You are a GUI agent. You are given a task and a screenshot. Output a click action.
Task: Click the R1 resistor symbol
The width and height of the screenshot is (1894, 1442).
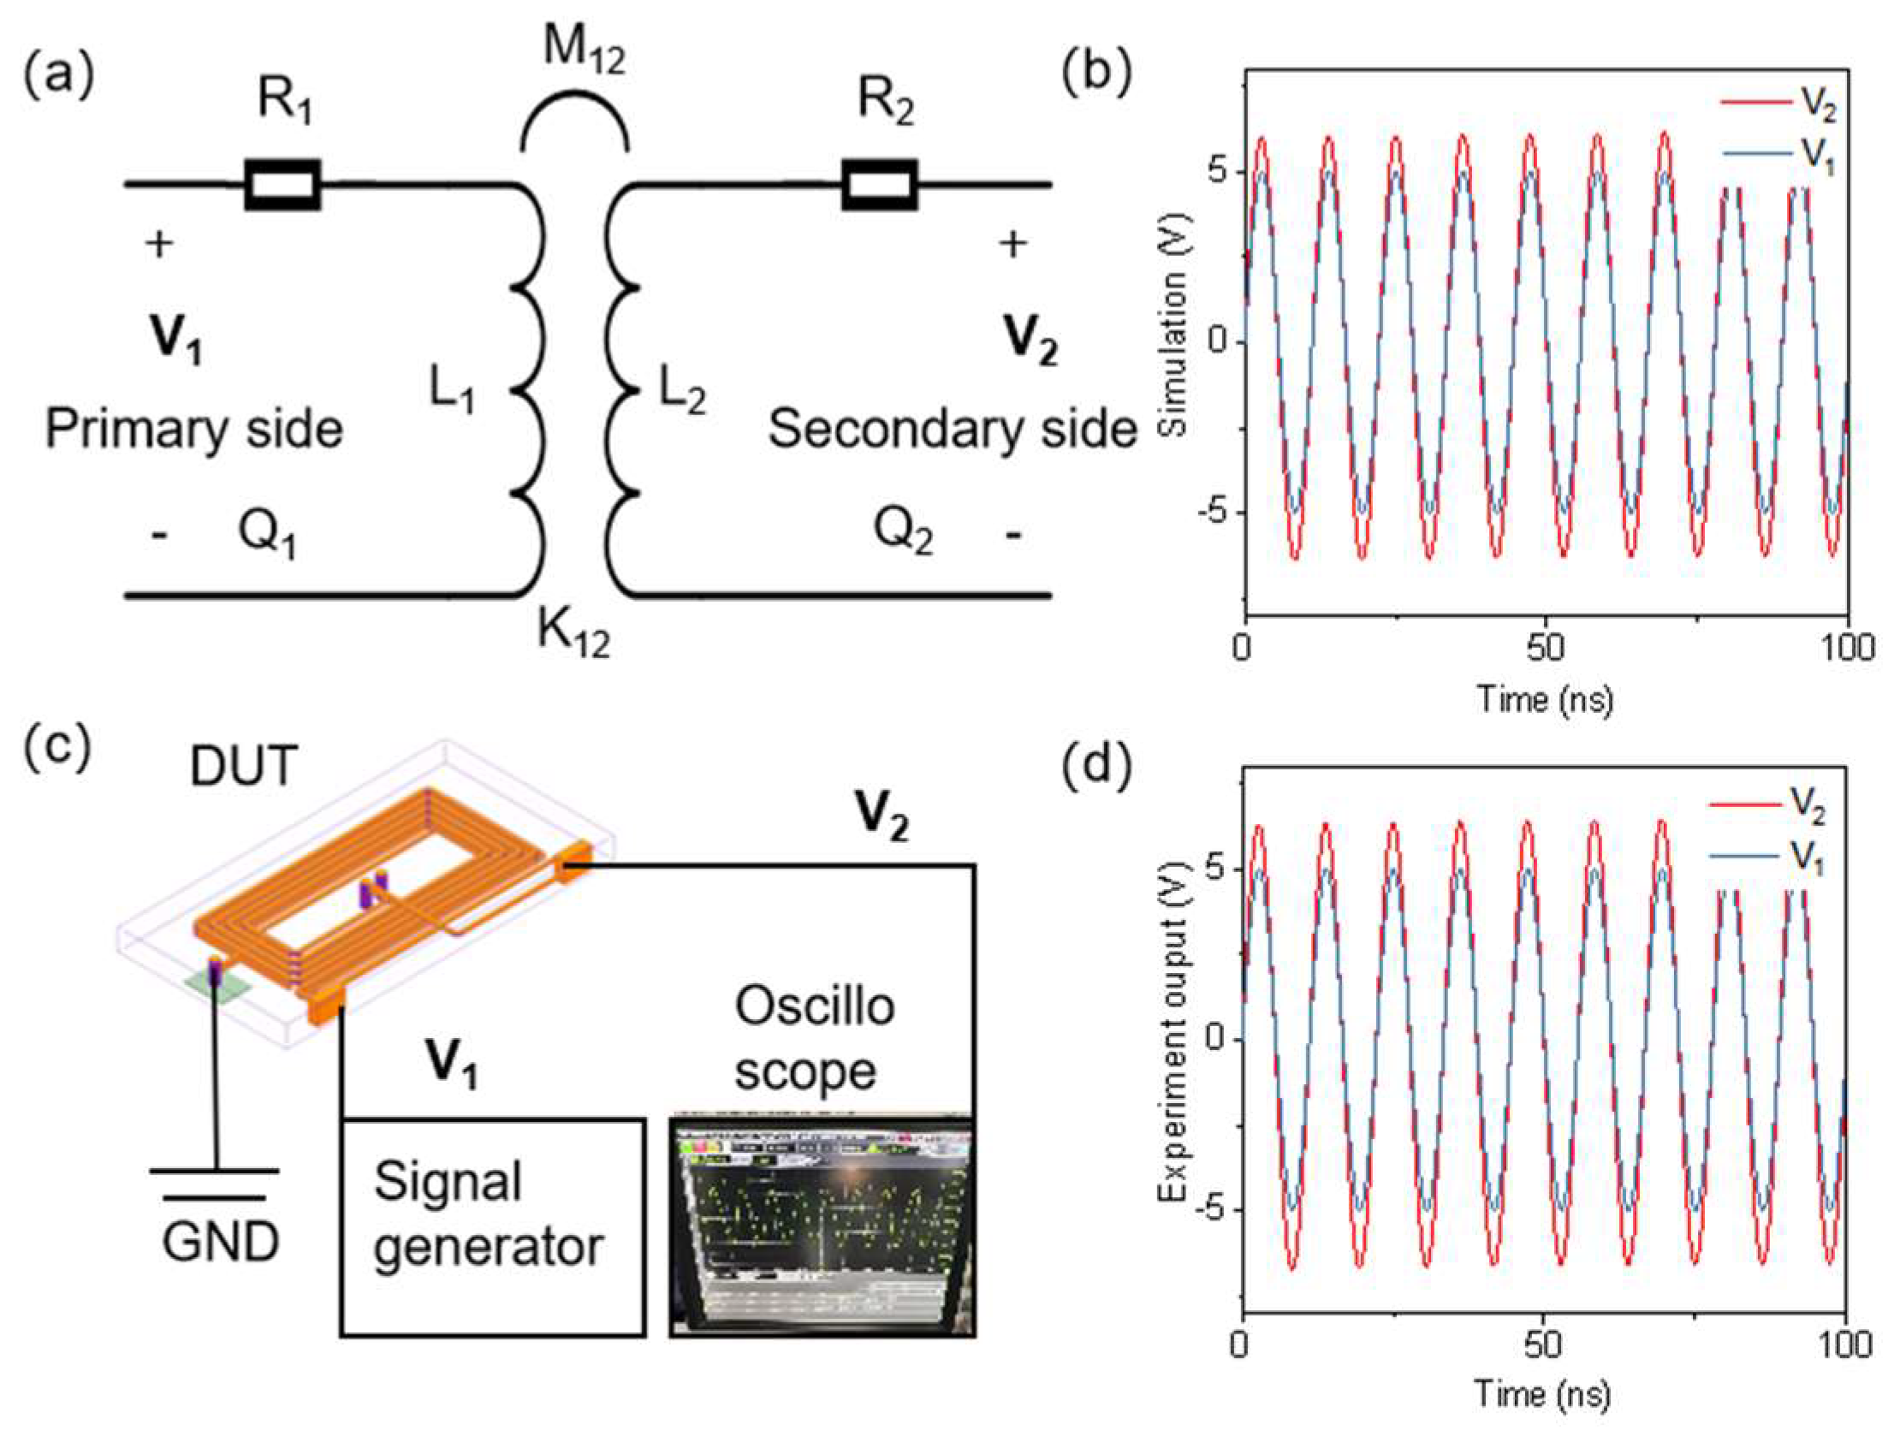click(x=282, y=184)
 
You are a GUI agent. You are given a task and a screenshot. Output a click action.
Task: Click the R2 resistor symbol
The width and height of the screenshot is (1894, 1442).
click(x=879, y=184)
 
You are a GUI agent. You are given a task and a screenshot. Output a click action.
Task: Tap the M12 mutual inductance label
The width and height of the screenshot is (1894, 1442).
click(x=585, y=50)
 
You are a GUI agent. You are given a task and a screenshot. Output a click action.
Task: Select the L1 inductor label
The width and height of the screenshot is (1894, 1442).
click(x=451, y=392)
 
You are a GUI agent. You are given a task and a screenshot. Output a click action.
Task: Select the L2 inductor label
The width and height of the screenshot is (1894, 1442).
click(x=682, y=392)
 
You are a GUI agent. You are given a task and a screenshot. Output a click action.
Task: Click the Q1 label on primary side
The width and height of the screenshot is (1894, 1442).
click(x=267, y=535)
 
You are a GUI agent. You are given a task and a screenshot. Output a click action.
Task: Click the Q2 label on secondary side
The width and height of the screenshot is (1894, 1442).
click(x=903, y=531)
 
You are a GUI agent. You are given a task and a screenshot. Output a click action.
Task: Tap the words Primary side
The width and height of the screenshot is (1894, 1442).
click(x=194, y=428)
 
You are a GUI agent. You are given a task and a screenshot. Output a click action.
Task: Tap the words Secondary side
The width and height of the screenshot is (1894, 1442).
click(x=952, y=428)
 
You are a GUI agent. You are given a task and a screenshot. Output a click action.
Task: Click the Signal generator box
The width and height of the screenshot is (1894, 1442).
click(x=493, y=1226)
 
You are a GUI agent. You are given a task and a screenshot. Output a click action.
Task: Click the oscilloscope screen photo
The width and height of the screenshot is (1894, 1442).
click(x=822, y=1226)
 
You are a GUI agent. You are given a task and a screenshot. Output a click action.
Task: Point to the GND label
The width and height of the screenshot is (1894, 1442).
click(x=221, y=1241)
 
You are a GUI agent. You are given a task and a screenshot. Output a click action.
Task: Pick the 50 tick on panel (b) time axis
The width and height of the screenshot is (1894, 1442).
click(x=1545, y=647)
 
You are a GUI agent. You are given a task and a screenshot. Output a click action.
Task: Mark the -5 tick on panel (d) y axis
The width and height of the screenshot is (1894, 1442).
click(x=1209, y=1210)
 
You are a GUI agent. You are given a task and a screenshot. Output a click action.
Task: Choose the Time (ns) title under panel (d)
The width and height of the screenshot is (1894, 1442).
click(x=1543, y=1395)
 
